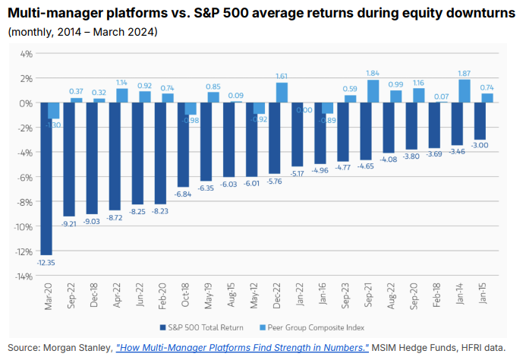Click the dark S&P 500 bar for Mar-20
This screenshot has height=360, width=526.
[46, 178]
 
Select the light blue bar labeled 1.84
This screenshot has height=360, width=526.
[373, 91]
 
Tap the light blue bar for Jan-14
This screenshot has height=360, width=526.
[465, 91]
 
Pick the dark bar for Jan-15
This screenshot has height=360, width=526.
[480, 122]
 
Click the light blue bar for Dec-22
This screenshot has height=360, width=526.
[282, 93]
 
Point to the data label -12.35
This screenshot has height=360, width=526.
[46, 263]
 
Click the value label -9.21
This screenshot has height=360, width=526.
[69, 224]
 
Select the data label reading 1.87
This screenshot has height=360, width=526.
[465, 73]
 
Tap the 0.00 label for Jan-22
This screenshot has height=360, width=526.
[304, 110]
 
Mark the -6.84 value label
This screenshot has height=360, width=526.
[183, 194]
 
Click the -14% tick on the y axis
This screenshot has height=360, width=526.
[24, 276]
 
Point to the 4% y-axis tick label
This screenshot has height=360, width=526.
[27, 54]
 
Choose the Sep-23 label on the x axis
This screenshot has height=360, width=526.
[345, 295]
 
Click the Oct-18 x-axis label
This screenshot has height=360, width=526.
[185, 295]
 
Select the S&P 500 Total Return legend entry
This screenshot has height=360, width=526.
[202, 327]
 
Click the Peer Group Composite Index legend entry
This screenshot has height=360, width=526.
[312, 327]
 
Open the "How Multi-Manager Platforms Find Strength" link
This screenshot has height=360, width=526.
[242, 348]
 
